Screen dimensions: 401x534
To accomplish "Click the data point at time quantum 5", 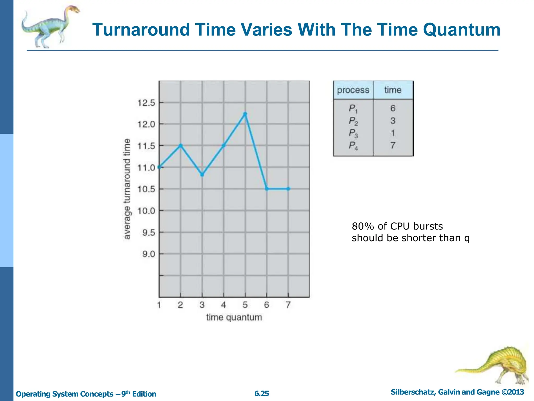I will tap(245, 114).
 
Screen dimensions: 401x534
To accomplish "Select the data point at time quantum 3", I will tap(202, 174).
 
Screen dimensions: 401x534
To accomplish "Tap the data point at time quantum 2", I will tap(181, 145).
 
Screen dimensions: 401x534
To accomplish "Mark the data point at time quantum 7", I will tap(288, 189).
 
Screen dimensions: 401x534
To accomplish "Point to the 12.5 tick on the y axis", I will tap(146, 103).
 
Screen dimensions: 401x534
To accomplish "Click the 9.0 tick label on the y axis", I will tap(149, 254).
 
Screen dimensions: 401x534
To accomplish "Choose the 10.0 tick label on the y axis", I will tap(146, 211).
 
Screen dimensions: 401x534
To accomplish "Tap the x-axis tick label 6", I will tap(266, 305).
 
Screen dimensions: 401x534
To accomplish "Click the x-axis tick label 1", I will tap(159, 305).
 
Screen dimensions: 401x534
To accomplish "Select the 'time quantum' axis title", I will tap(234, 317).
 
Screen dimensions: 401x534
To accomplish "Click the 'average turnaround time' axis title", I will tap(127, 189).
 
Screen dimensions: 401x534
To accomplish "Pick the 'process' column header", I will tap(353, 90).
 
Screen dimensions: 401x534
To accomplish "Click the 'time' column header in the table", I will tap(393, 90).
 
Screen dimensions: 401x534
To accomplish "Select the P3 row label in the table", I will tap(353, 133).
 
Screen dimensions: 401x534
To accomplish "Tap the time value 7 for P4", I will tap(393, 145).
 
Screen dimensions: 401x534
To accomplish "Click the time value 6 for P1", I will tap(393, 108).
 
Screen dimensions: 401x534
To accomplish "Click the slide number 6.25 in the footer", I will tap(262, 393).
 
